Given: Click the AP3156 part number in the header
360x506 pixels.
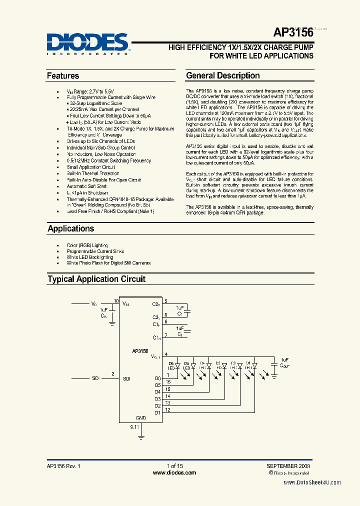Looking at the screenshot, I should pos(293,33).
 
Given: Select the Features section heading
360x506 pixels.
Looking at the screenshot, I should pos(63,76).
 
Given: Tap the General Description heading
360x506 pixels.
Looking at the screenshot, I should pos(223,76).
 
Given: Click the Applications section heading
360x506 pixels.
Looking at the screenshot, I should pos(70,228).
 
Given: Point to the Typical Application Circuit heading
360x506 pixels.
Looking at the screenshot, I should pos(96,279).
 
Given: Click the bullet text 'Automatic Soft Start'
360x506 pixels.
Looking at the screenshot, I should pos(86,186).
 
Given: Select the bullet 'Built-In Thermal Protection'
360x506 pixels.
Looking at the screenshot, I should pos(93,173).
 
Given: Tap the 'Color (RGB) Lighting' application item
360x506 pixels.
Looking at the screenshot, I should pos(87,245).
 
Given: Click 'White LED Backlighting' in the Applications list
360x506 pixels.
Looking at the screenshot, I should pos(90,257).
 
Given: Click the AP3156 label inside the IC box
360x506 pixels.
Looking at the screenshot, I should pos(140,351).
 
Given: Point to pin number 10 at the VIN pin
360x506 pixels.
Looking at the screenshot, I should pos(116,301).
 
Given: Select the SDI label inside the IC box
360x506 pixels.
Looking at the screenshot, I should pos(126,378).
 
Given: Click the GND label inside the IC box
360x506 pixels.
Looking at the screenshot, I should pos(141,418).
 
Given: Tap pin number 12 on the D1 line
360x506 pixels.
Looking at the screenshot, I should pos(168,410).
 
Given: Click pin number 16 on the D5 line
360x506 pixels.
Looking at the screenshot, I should pos(168,381).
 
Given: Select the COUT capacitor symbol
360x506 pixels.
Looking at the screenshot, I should pos(273,366).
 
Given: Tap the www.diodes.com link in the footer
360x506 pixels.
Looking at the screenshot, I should pos(174,472).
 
